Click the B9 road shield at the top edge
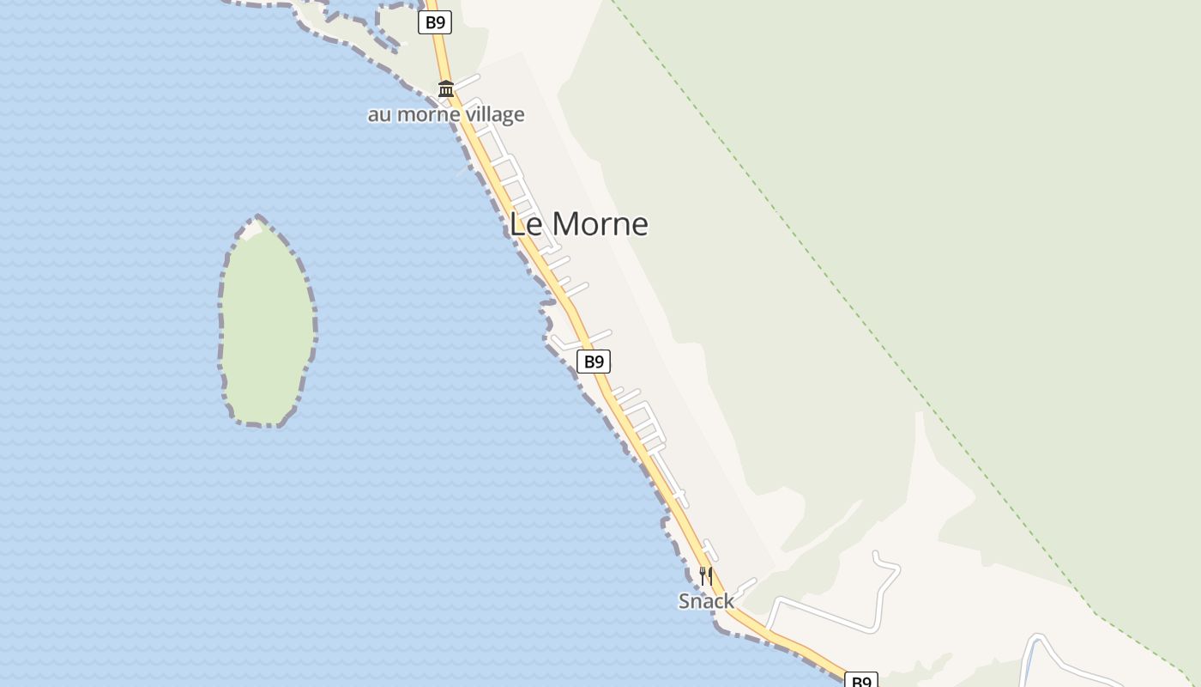point(435,22)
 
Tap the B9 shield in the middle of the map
point(593,362)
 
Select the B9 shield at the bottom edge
point(860,681)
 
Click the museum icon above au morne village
point(446,88)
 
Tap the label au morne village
point(446,114)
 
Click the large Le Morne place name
point(578,224)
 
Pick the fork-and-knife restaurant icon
point(706,575)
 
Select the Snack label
point(706,601)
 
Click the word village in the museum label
point(494,114)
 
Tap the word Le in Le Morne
point(524,224)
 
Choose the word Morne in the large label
point(600,224)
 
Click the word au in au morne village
point(378,114)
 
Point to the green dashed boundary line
point(858,301)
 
